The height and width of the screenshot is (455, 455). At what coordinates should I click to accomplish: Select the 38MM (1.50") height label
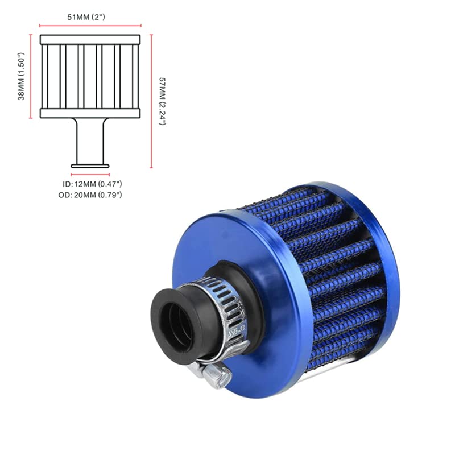(22, 76)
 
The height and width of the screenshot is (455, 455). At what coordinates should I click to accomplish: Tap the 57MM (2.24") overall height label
(162, 101)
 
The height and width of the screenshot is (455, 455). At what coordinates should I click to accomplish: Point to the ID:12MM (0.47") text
(92, 184)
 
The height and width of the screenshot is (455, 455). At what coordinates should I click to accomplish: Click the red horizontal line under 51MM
(90, 26)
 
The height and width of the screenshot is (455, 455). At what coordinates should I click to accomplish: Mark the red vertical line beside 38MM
(30, 76)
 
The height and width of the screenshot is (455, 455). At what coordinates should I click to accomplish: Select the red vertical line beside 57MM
(152, 101)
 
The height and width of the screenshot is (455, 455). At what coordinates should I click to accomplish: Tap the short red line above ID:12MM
(90, 175)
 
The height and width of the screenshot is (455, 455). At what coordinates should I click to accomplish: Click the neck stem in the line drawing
(90, 139)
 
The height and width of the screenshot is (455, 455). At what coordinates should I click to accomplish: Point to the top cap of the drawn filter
(90, 40)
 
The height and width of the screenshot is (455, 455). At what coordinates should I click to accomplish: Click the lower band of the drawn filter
(90, 113)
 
